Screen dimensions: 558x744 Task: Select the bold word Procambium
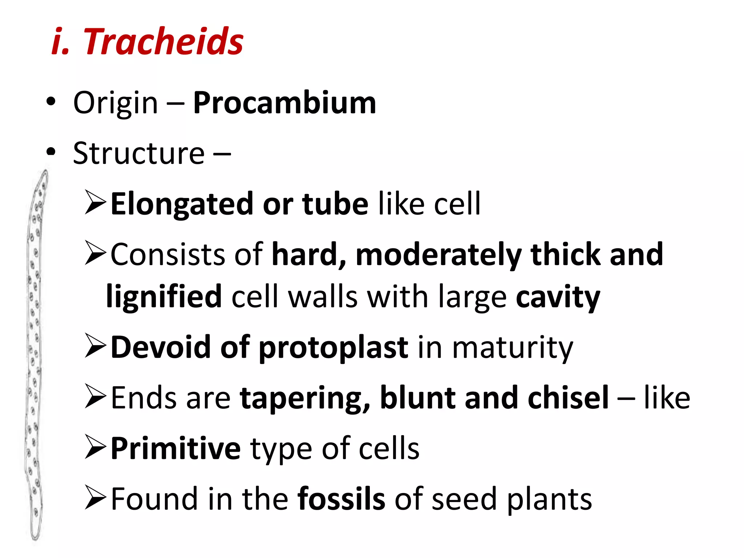284,103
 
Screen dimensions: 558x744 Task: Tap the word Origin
116,103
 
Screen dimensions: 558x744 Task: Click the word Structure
139,153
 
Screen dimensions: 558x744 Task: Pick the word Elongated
182,204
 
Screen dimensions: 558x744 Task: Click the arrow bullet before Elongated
96,202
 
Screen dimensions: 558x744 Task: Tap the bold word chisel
568,398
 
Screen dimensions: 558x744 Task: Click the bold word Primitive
175,449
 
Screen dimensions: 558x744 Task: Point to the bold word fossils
341,499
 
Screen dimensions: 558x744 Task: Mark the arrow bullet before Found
96,497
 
